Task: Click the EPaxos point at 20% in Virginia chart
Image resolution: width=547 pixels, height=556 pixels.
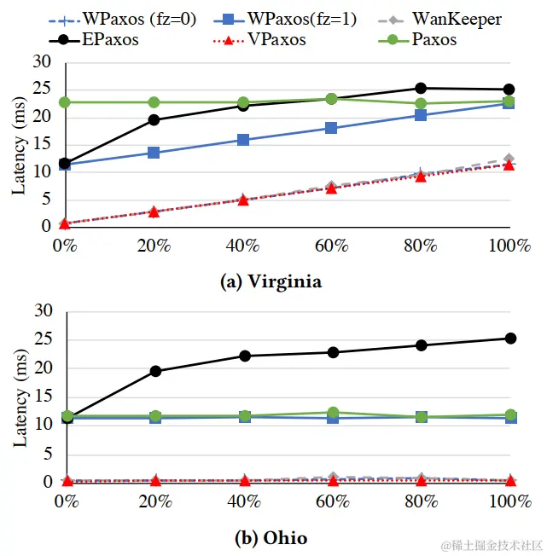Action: [154, 119]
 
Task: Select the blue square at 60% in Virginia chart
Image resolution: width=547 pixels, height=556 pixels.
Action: [331, 128]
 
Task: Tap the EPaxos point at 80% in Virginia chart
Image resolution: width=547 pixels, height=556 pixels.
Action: [421, 88]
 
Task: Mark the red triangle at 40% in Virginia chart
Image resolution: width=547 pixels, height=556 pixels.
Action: [242, 200]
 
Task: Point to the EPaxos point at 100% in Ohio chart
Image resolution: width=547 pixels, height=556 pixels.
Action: [510, 339]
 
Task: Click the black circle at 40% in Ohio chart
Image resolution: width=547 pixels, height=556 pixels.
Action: [243, 356]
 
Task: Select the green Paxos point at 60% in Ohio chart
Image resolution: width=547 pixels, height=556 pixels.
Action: [332, 413]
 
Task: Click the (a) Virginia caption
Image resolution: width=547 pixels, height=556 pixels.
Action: [271, 282]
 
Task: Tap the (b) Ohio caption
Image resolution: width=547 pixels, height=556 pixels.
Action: [271, 538]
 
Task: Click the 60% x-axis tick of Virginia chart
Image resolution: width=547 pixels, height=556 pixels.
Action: [331, 246]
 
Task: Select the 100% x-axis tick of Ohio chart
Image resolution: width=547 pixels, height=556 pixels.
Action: [510, 502]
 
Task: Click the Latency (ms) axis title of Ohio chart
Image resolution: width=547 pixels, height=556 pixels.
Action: [20, 397]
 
